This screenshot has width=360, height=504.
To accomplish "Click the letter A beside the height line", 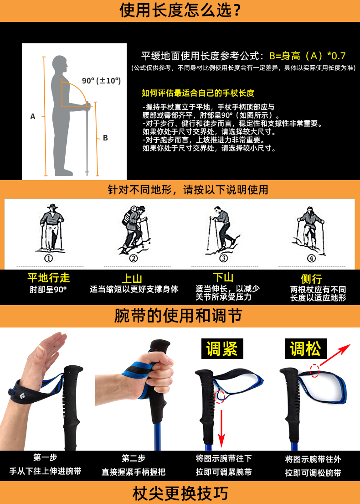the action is tap(33, 116).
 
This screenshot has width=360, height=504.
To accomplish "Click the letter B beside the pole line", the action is tap(105, 138).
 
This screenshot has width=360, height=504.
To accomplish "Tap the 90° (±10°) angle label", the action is tap(101, 80).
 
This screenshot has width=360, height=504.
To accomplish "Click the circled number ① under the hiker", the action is tap(48, 258).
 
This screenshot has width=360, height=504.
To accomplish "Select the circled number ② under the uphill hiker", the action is tap(133, 258).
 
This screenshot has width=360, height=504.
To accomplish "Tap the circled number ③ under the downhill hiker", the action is tap(223, 258).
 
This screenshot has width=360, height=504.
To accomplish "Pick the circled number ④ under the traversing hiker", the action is tap(311, 258).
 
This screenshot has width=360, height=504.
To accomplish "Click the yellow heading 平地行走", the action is tap(48, 278).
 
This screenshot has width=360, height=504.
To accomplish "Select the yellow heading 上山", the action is tap(132, 278).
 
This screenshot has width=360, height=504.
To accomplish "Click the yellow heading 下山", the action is tap(223, 277).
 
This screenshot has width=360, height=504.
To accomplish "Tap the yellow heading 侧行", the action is tap(312, 279).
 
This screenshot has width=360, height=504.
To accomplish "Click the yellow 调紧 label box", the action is tap(222, 349).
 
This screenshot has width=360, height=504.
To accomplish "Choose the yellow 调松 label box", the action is tap(306, 349).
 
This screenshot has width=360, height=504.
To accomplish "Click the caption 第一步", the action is tap(45, 457).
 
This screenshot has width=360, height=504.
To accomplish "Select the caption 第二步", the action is tap(134, 458).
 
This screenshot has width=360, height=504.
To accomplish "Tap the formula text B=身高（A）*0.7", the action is tap(307, 56).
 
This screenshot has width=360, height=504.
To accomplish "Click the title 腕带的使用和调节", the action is tap(179, 316).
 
